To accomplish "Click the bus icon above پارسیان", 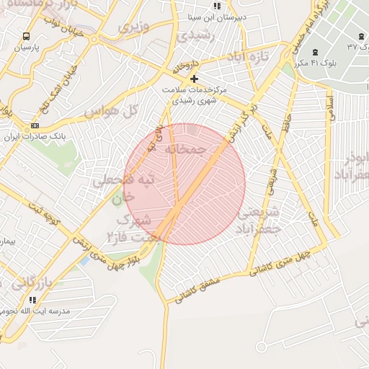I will coord(27,37).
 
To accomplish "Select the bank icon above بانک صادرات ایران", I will coord(35,125).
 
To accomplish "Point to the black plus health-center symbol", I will coord(193,78).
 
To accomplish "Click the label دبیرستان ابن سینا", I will coord(217,15).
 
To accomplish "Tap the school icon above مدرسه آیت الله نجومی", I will coord(32,300).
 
